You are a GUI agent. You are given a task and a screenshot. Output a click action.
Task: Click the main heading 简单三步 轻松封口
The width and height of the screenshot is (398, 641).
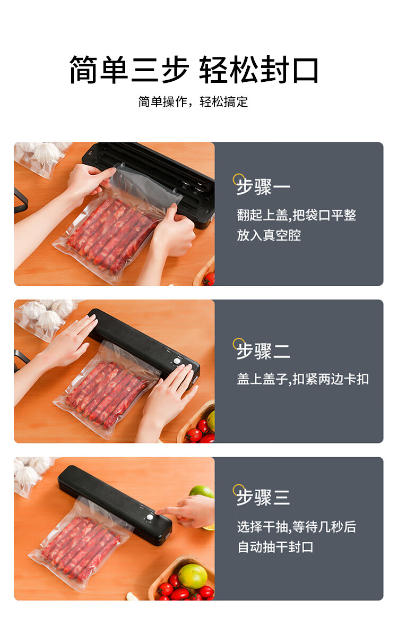pos(194,70)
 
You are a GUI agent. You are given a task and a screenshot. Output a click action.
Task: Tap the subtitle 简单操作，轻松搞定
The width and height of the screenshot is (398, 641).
pos(193,101)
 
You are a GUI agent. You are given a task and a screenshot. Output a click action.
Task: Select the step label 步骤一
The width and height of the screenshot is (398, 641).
pos(263,187)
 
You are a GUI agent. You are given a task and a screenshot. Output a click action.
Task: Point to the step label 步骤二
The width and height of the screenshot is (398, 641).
pos(263,351)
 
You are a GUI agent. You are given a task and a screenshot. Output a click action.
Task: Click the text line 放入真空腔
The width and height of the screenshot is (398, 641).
pos(269,235)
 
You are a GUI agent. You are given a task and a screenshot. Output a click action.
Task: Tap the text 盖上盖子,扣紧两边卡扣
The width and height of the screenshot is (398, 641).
pos(303,379)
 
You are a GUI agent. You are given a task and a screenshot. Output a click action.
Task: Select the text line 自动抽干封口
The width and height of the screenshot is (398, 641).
pos(275,547)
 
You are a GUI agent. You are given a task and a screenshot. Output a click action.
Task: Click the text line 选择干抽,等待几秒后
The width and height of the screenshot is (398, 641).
pos(297,527)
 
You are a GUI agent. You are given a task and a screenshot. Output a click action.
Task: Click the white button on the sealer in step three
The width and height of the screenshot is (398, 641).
pos(150,517)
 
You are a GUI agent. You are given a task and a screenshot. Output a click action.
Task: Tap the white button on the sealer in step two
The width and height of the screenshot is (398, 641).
pos(177,361)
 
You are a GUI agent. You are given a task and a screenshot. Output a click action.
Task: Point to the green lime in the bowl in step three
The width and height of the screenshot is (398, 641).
pos(193,576)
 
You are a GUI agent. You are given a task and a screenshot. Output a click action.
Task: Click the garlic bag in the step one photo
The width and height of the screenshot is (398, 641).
pos(43,158)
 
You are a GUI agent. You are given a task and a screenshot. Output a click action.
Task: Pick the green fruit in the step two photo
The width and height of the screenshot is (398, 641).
pos(211,421)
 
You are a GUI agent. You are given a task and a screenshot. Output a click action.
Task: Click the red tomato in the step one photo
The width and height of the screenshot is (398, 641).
pos(210,279)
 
